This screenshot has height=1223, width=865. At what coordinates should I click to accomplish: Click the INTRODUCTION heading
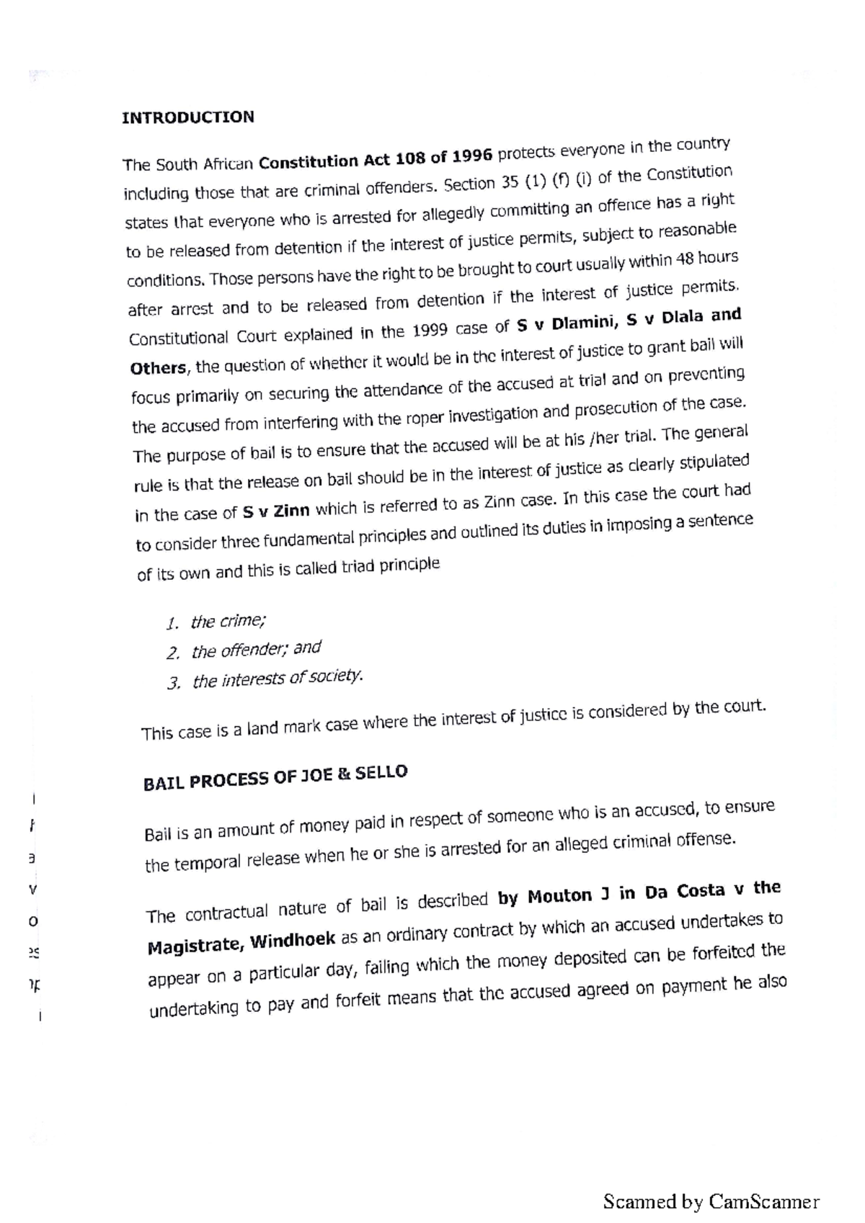187,117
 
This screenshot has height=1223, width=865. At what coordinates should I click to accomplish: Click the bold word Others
158,368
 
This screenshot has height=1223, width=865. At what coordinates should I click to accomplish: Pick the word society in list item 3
336,676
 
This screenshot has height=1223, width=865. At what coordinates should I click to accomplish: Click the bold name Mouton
559,897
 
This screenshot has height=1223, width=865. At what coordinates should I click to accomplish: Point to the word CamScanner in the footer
764,1201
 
